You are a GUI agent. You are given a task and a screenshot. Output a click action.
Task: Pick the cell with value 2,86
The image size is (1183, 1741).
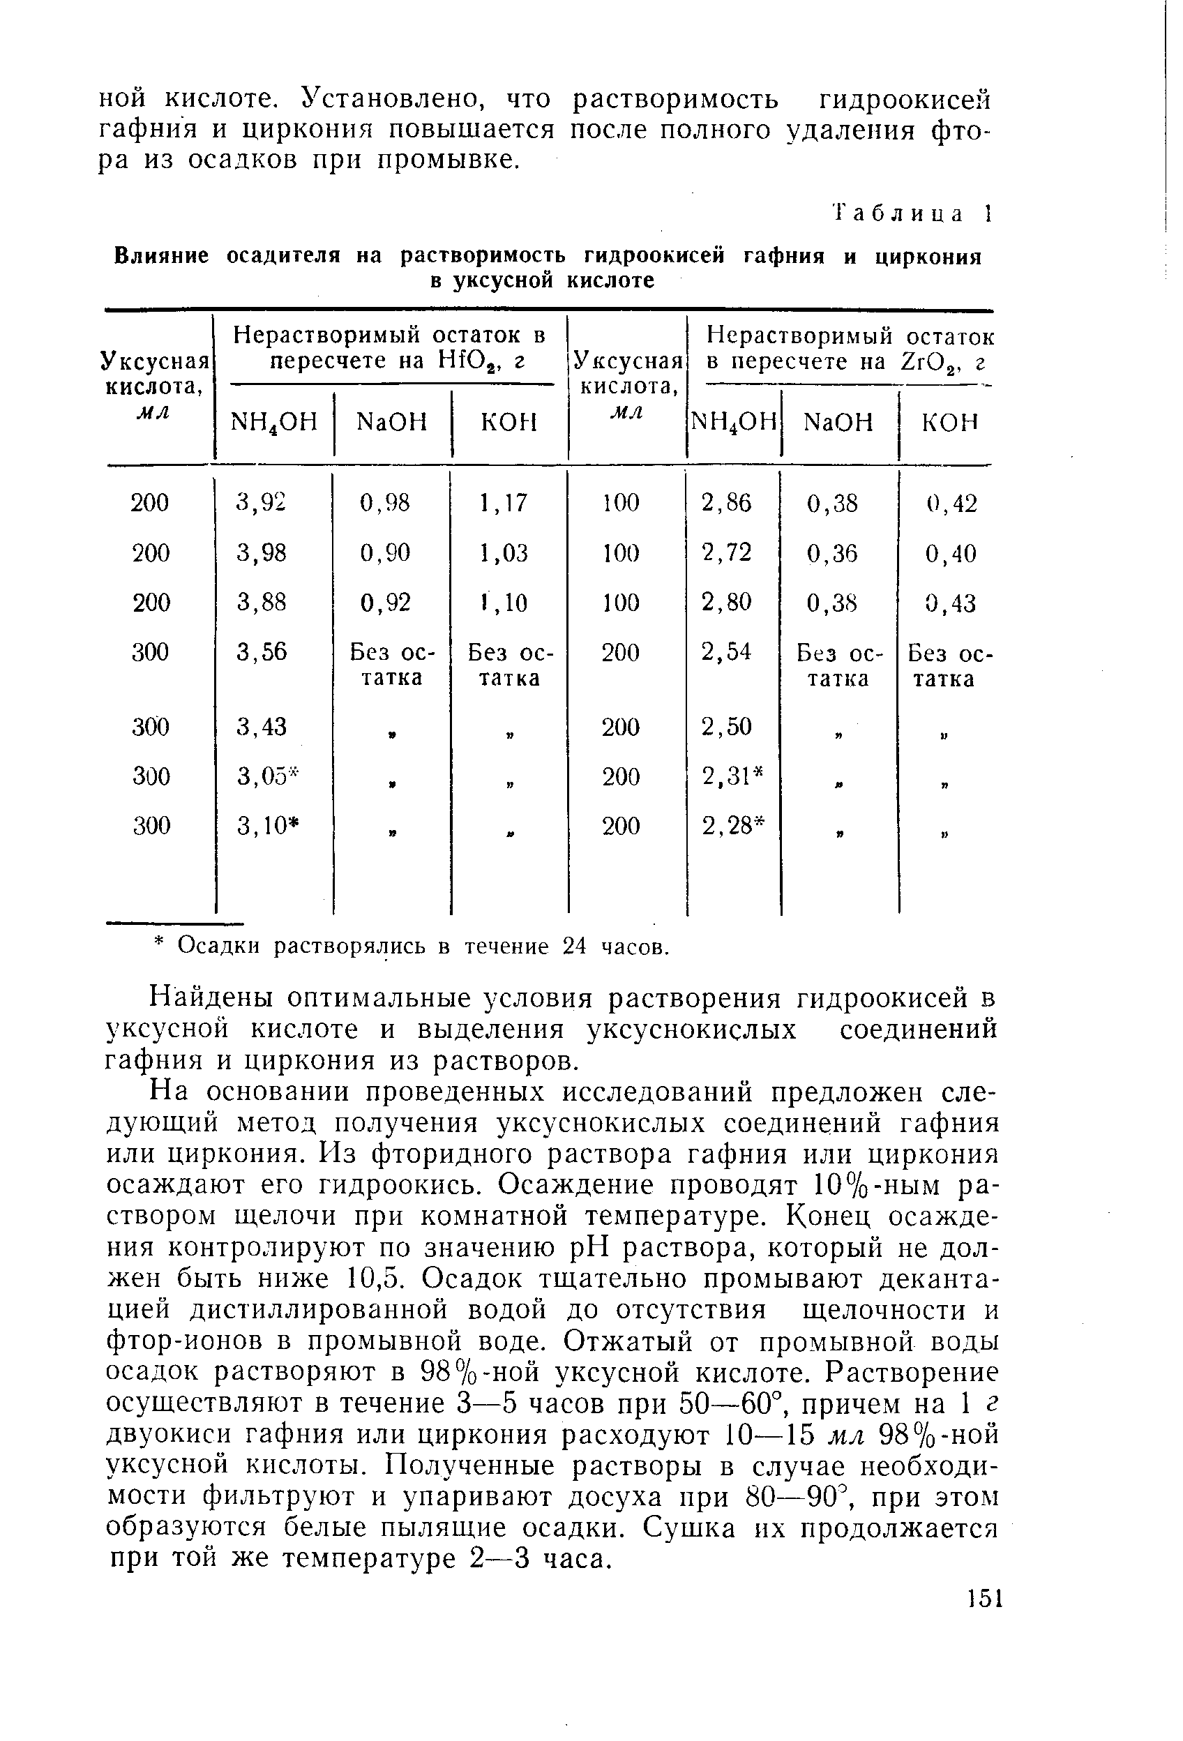pos(726,502)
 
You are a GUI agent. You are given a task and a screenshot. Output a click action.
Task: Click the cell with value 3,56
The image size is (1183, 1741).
pos(262,652)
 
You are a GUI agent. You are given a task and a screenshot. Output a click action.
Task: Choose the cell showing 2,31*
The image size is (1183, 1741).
pos(732,776)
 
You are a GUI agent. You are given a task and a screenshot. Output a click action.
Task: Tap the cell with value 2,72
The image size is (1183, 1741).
pos(726,552)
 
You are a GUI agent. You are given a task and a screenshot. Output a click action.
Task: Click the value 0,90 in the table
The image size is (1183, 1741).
pos(385,553)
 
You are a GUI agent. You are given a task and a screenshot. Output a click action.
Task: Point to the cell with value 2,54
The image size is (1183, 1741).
pos(726,651)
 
